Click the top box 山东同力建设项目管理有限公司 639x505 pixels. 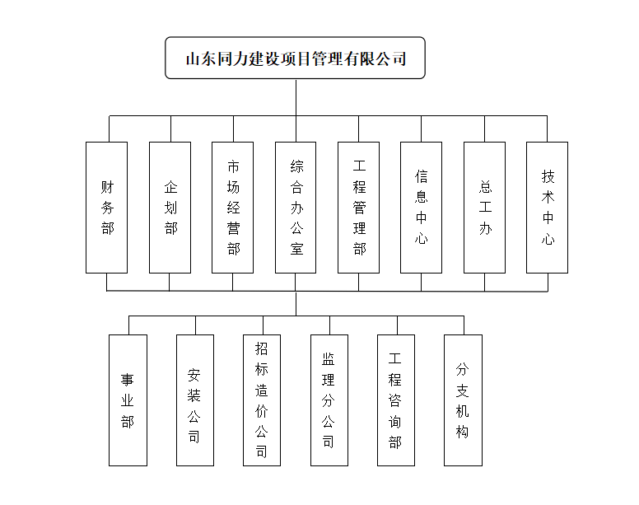coord(295,58)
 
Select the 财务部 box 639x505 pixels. coord(107,208)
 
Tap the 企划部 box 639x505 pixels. coord(170,208)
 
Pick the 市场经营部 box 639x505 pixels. coord(233,208)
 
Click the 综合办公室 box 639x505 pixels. coord(296,208)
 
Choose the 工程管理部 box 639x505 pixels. coord(359,208)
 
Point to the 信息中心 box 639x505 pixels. coord(421,208)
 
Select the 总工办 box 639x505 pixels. coord(484,208)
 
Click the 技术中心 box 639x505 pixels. coord(548,208)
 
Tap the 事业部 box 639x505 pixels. coord(128,400)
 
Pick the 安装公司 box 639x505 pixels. coord(195,400)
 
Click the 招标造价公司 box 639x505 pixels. coord(262,400)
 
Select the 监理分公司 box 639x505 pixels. coord(329,400)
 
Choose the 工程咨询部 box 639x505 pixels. coord(396,400)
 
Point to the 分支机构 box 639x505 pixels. coord(463,400)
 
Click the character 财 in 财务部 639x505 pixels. coord(108,187)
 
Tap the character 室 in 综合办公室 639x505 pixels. coord(296,249)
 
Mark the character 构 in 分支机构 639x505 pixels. coord(462,432)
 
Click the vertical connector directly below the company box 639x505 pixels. coord(296,97)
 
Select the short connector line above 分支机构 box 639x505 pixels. coord(464,325)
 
